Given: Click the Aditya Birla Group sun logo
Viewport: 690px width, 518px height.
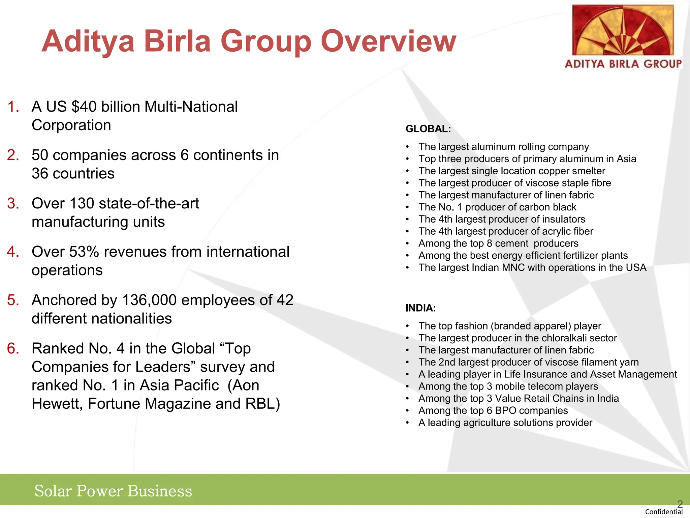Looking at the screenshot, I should tap(623, 31).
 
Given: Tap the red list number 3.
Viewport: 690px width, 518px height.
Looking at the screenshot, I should tap(13, 203).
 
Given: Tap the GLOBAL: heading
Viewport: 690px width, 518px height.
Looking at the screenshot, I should tap(428, 129).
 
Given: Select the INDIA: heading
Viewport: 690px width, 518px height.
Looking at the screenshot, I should tap(420, 308).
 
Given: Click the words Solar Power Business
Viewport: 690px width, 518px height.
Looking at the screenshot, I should tap(113, 491).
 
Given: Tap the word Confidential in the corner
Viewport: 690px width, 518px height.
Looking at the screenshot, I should tap(663, 512).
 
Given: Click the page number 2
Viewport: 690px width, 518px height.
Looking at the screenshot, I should tap(680, 504).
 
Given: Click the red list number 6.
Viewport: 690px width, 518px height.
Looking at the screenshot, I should tap(13, 348).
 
